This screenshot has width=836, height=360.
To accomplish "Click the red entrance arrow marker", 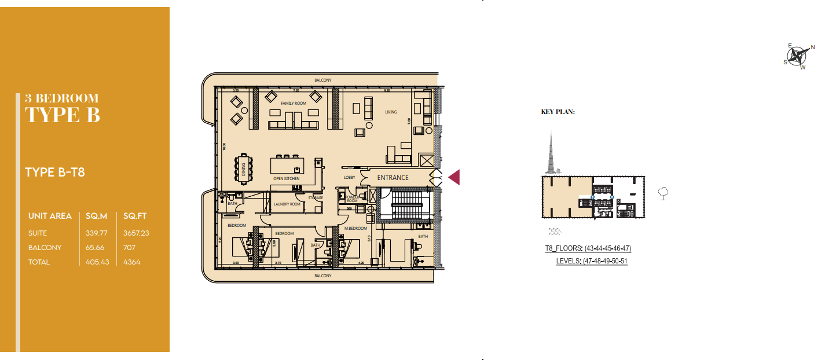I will pos(454,177).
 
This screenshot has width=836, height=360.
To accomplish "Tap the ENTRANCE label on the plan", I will pos(393,178).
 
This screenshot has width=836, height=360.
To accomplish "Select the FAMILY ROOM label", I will pos(294,103).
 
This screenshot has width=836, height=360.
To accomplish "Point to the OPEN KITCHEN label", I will pos(287,179).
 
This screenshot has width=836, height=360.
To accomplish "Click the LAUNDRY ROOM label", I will pos(287,204).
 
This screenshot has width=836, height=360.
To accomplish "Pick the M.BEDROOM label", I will pos(355,229).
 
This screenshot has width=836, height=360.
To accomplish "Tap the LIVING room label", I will pos(391,112).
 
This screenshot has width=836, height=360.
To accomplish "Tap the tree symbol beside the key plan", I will pos(663,193).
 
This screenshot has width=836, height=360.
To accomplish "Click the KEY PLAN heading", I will pos(558,112).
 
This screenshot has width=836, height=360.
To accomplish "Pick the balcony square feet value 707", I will pos(130,248).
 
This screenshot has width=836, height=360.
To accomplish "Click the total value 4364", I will pos(132,262).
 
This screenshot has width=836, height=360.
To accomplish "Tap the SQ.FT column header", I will pos(135,216).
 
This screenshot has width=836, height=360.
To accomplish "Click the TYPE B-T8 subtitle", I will pos(56,172).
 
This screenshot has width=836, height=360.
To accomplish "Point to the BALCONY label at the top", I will pos(323,80).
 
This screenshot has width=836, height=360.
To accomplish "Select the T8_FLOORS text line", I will pos(588,249).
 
